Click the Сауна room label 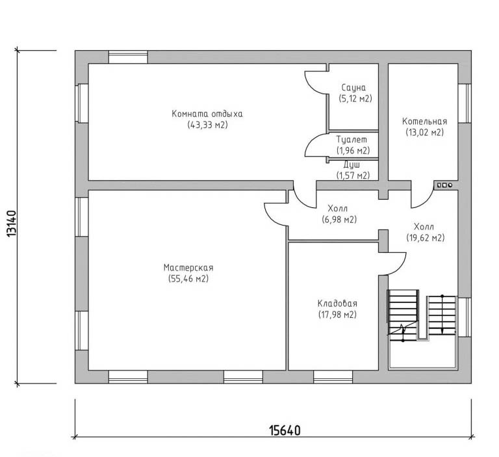click(353, 88)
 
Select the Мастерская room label click(188, 268)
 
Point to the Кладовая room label click(337, 303)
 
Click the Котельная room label click(424, 122)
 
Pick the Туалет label click(352, 140)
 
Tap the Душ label click(352, 165)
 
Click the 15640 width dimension click(285, 430)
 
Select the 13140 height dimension click(11, 224)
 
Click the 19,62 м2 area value click(425, 237)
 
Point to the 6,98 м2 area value click(339, 220)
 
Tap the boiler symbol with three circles click(444, 185)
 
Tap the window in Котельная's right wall click(465, 103)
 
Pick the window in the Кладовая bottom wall click(333, 377)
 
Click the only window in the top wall click(128, 57)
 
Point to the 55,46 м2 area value click(188, 279)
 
